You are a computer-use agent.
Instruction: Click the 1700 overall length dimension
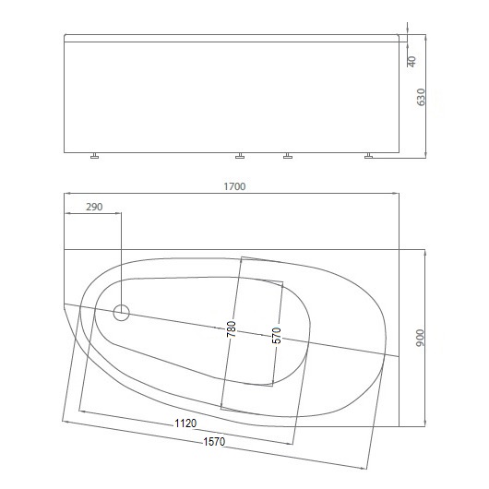click(x=234, y=186)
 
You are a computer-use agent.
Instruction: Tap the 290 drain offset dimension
click(x=94, y=207)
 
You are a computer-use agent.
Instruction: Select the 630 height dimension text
click(x=421, y=97)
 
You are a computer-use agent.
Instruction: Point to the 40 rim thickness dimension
click(x=412, y=62)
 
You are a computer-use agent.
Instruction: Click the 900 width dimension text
click(x=421, y=338)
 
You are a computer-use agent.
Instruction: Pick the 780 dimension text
click(x=232, y=329)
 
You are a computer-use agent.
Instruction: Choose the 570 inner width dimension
click(x=276, y=336)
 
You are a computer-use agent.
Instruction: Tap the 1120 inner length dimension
click(x=185, y=423)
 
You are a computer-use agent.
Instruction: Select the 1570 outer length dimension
click(x=214, y=442)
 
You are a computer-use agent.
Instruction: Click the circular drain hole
click(x=121, y=313)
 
